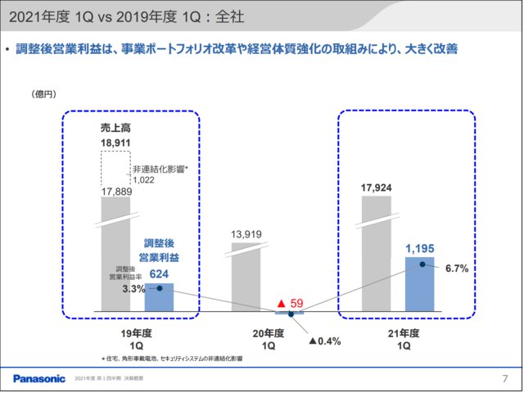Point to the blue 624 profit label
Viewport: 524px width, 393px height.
click(159, 274)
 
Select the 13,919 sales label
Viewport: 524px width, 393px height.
click(246, 235)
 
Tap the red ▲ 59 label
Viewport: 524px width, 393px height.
click(290, 302)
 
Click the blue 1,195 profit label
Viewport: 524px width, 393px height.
click(420, 246)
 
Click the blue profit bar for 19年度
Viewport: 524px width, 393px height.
click(159, 296)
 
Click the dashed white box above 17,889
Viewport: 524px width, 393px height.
click(115, 168)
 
